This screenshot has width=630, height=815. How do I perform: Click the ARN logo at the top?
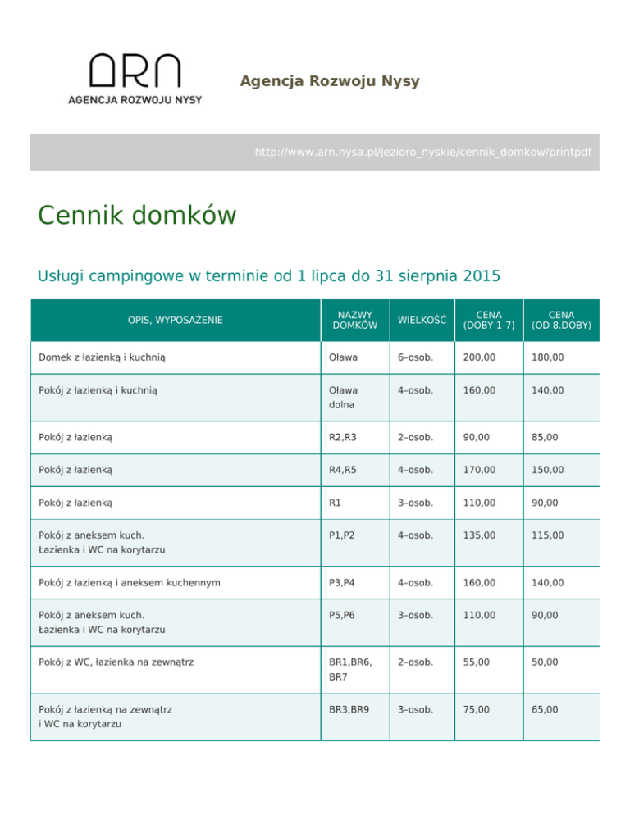(135, 79)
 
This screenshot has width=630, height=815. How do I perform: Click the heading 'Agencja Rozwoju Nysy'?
(330, 81)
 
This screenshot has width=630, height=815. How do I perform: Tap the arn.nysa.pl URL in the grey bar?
(422, 153)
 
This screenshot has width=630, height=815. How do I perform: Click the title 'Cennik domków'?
(137, 216)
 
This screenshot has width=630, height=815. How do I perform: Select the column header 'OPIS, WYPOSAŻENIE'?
(175, 320)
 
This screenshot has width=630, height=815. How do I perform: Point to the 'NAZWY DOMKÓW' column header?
(354, 320)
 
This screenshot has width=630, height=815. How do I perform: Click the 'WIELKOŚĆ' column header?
(421, 320)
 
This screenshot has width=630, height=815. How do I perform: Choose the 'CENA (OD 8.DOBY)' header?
(561, 320)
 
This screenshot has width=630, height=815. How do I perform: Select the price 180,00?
(547, 358)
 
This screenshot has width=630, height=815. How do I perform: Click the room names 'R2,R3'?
(341, 437)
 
